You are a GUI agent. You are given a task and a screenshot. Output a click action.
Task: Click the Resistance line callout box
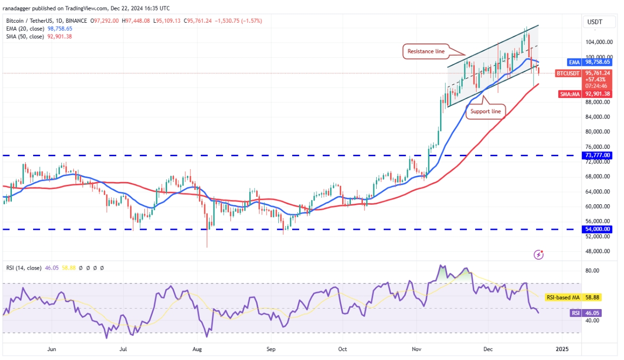tap(426, 51)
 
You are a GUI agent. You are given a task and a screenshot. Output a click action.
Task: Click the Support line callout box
tap(485, 111)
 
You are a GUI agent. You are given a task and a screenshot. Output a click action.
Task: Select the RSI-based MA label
tap(563, 298)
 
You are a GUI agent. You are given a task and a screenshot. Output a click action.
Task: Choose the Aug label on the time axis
tap(197, 349)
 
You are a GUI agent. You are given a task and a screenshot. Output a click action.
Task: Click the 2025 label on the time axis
tap(562, 349)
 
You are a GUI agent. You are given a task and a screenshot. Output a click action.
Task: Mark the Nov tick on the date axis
tap(417, 349)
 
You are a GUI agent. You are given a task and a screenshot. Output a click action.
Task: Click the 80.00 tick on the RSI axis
tap(592, 270)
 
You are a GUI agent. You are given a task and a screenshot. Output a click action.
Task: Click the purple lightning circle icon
tap(539, 255)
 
